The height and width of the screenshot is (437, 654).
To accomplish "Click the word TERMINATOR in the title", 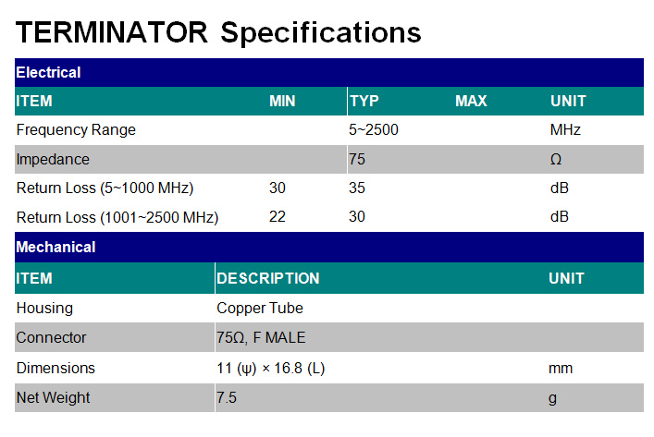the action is pos(111,32).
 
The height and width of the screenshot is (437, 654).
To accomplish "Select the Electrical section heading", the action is pos(48,72).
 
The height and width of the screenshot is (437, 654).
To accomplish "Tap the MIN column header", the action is pos(282,101).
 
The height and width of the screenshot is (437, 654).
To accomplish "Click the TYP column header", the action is pos(364,101).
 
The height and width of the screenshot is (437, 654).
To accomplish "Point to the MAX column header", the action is pos(471,101).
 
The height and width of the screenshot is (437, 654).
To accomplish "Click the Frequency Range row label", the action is pos(76,130).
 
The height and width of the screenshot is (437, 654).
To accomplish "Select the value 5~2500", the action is pos(374,130).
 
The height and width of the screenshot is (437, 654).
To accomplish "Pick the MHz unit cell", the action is pos(565,130).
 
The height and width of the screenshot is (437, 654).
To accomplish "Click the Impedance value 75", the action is pos(357,159).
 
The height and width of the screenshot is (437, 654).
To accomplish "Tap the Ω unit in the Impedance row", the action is pos(556,159).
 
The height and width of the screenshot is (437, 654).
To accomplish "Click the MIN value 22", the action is pos(277,216).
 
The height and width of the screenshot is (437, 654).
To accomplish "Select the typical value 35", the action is pos(357,188).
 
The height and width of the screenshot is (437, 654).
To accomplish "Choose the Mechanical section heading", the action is pos(56,247).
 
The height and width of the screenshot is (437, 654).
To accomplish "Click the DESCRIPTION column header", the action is pos(267,278).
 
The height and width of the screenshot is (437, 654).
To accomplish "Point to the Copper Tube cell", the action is pos(259,308).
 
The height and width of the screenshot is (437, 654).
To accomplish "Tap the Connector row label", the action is pos(51,337).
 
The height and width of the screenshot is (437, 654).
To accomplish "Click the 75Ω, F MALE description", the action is pos(261,337).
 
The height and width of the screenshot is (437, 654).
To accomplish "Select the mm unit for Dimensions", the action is pos(561,369).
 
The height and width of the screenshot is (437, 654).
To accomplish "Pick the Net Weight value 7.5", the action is pos(227,397).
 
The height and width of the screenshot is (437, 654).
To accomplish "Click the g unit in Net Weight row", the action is pos(552,399).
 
